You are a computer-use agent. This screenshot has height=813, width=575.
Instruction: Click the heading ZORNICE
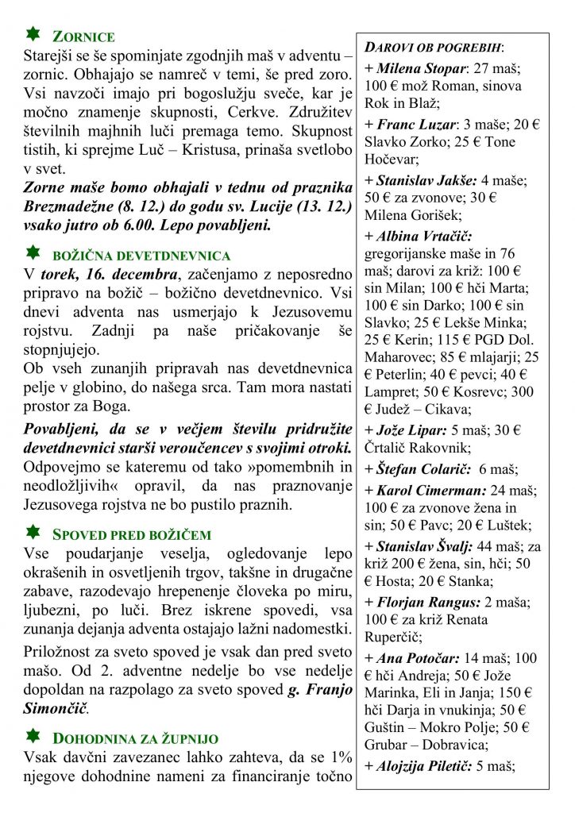coord(83,37)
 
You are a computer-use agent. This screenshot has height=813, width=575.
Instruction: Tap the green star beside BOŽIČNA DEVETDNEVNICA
coord(33,253)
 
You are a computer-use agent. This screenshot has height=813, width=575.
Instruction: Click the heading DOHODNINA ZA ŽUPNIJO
coord(131,738)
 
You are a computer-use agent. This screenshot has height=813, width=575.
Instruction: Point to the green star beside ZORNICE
coord(33,34)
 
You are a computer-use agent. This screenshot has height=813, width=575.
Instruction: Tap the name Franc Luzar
coord(415,125)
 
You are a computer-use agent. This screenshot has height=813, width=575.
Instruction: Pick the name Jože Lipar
coord(411,430)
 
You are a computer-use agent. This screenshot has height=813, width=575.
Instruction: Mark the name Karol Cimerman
coord(426,490)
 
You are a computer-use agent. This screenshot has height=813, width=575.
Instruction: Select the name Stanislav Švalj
coord(425,545)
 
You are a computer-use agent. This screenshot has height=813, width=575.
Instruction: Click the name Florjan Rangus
coord(423,602)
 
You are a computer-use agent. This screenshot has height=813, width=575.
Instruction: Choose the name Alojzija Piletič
coord(423,766)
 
